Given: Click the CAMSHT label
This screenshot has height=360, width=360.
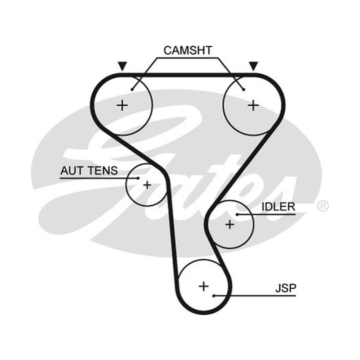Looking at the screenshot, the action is [x=188, y=50].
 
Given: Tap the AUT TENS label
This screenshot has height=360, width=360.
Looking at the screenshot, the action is [x=89, y=171].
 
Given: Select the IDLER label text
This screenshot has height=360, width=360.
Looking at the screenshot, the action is [x=278, y=207].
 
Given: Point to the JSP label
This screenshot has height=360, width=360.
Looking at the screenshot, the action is [x=286, y=288].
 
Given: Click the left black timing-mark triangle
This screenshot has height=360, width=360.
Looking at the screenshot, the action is [x=122, y=66].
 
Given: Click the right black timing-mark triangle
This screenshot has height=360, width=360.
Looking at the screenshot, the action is [x=254, y=66].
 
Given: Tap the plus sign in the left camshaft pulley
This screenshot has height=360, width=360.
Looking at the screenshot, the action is [x=122, y=106].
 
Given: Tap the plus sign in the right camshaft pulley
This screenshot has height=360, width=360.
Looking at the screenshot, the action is [x=253, y=106].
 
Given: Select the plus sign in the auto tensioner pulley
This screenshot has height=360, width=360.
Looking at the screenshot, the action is [x=147, y=185].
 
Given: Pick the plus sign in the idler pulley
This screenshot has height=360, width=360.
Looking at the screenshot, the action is [x=229, y=224].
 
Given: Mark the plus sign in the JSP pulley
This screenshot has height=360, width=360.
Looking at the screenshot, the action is [x=204, y=286].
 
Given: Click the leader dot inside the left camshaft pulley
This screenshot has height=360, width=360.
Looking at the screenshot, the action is [x=132, y=90].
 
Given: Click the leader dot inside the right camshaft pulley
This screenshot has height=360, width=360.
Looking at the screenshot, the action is [x=244, y=90].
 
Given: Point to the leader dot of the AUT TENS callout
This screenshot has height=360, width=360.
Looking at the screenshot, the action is [x=138, y=178].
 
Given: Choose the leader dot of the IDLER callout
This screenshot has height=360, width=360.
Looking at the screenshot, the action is [x=237, y=215].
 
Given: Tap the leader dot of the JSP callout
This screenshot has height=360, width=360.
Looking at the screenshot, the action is [x=214, y=296].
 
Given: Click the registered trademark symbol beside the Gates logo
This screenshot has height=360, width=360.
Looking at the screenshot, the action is [x=323, y=206].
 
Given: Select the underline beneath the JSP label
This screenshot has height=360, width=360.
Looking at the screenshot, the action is [x=255, y=296].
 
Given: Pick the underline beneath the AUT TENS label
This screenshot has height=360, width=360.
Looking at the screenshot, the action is [x=99, y=178].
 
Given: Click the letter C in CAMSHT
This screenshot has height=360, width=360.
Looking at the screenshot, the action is [x=167, y=50].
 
